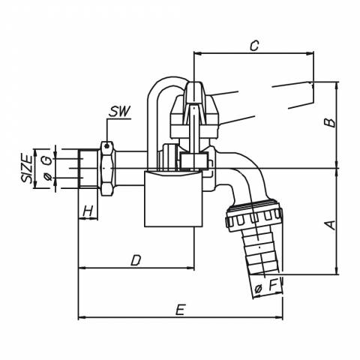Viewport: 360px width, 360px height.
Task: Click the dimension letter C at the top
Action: point(254,46)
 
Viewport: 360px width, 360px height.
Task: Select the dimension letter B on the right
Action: point(330,123)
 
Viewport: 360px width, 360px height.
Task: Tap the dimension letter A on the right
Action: point(331,225)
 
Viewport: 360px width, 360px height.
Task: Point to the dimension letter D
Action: point(136,260)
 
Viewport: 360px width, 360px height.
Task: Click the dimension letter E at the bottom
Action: point(180,310)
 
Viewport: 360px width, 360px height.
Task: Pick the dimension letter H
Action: point(88,211)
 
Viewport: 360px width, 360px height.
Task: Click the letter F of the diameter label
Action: point(273,286)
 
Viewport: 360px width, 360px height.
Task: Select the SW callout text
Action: point(120,112)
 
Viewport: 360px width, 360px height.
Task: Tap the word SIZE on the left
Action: point(27,169)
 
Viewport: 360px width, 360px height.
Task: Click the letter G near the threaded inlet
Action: point(47,160)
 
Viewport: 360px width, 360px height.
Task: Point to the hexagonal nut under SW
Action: point(107,169)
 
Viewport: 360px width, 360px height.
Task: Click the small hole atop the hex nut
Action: point(107,145)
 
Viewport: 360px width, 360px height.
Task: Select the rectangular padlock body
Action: point(173,199)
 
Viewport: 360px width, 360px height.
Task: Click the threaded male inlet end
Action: point(88,168)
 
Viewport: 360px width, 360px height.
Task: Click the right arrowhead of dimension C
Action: point(310,53)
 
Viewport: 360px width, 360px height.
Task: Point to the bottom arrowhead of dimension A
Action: point(337,271)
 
